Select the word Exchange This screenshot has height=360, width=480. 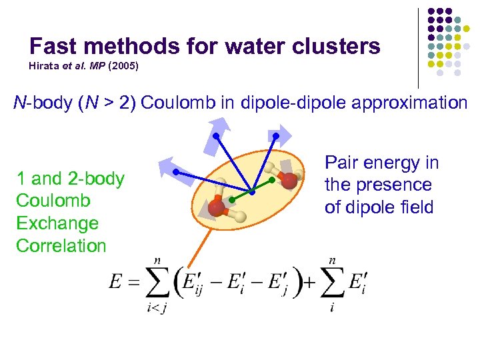(57, 223)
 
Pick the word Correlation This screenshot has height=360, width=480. (61, 246)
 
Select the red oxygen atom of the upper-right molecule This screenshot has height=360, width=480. (288, 180)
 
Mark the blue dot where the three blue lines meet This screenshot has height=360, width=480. (253, 192)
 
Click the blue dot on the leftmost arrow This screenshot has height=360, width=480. (175, 173)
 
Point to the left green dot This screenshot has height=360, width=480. (231, 199)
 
